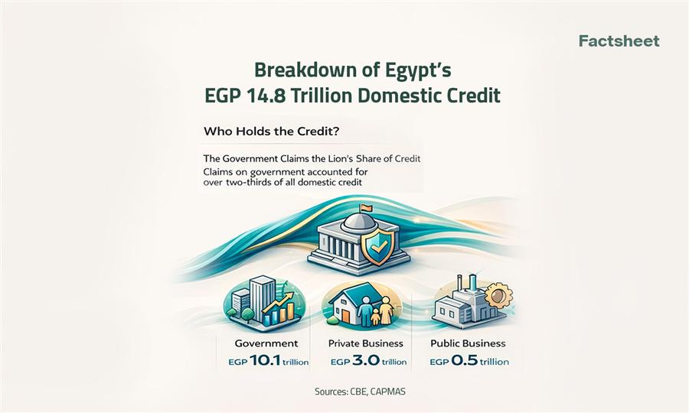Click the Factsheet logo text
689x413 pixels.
point(619,41)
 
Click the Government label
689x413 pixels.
point(262,343)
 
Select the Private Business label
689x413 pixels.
point(366,343)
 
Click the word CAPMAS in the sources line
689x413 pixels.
point(393,392)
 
